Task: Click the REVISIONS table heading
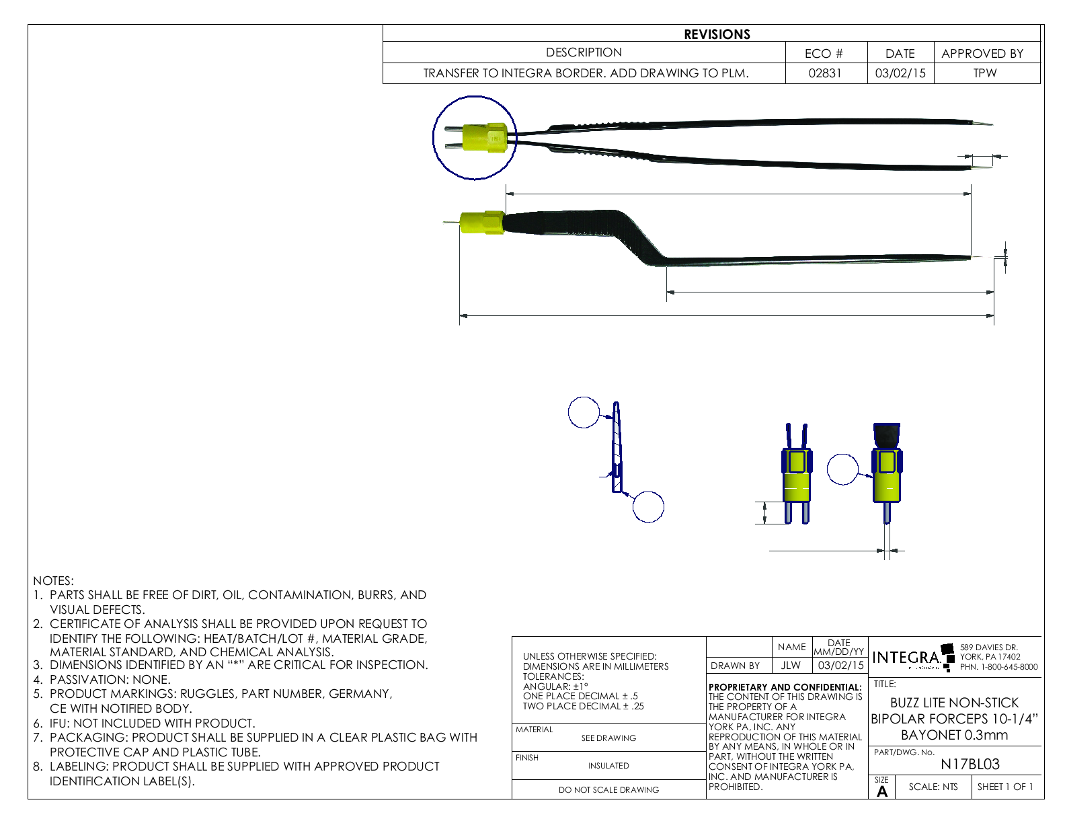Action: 717,34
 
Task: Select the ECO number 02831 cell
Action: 825,73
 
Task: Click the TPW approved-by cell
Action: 985,73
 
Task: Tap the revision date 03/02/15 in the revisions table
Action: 900,73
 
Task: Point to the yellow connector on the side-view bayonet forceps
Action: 481,223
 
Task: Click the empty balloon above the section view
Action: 584,412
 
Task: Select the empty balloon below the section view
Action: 648,507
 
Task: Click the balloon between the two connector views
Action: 842,469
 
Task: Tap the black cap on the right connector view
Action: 887,436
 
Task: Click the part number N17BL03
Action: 970,765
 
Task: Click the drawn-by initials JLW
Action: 791,666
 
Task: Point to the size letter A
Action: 882,791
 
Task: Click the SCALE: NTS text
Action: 933,787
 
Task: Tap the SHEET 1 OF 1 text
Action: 1005,787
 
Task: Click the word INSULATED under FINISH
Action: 608,766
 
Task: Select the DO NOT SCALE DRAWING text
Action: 608,790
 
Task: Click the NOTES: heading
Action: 54,581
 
